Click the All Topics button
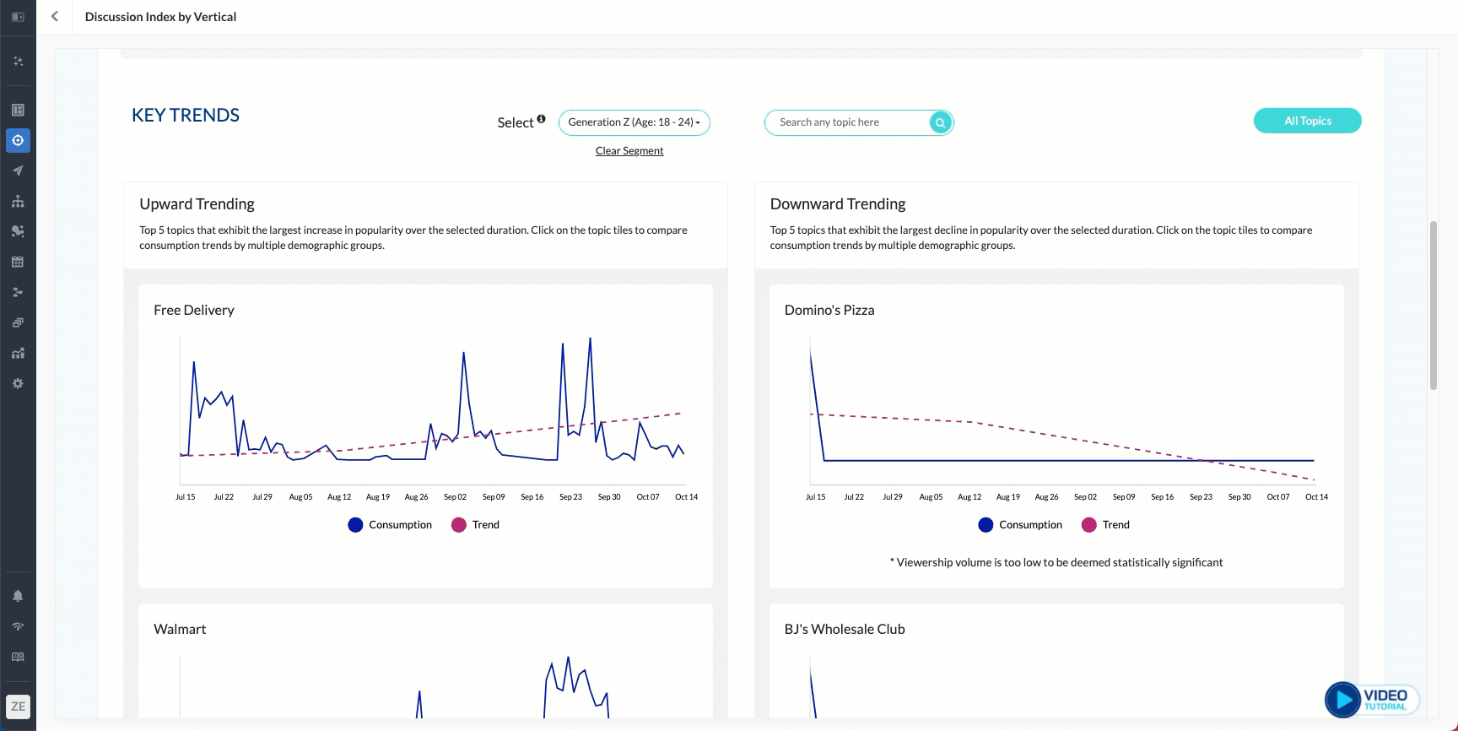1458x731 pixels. [x=1307, y=121]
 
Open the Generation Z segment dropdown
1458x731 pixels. [x=634, y=122]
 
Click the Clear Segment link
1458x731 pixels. [x=629, y=151]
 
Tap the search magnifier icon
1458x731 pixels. [x=940, y=122]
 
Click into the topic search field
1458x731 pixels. [x=848, y=122]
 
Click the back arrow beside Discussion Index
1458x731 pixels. [x=55, y=17]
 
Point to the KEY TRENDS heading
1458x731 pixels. [x=186, y=116]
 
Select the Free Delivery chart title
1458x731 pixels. [x=194, y=311]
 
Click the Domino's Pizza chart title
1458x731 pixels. [x=829, y=311]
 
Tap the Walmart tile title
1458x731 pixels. [x=180, y=630]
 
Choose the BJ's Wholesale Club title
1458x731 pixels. [x=845, y=630]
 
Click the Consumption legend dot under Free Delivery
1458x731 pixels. [x=355, y=525]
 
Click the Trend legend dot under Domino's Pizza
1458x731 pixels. [x=1088, y=525]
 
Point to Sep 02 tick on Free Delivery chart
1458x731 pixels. [x=455, y=497]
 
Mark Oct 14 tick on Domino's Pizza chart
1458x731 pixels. [x=1316, y=497]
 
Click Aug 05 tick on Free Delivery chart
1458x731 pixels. [x=300, y=497]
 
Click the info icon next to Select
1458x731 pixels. [x=541, y=119]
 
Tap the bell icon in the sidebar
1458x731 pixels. [x=18, y=596]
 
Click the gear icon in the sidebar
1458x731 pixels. [x=18, y=383]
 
